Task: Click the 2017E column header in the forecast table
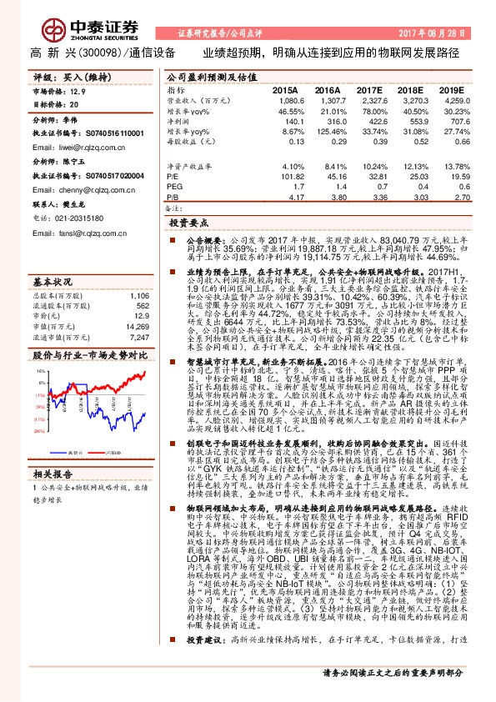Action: coord(366,89)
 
